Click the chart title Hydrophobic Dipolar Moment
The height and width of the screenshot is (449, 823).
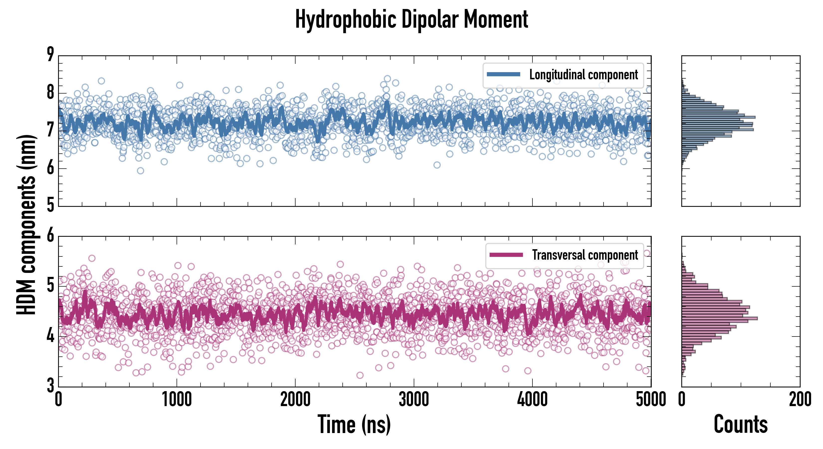[x=411, y=20]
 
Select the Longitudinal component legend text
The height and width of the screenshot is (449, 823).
[x=583, y=75]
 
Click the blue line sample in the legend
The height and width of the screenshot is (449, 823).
[x=503, y=75]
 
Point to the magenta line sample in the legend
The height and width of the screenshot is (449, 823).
[x=506, y=255]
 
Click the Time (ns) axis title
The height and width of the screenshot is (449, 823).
[x=354, y=424]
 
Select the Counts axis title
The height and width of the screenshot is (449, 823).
[x=740, y=424]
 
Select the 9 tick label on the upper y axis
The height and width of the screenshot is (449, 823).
[x=50, y=55]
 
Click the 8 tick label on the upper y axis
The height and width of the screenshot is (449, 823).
[x=50, y=93]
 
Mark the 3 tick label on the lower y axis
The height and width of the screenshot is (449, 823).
[x=50, y=385]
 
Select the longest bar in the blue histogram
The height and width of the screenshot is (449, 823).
[x=718, y=117]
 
